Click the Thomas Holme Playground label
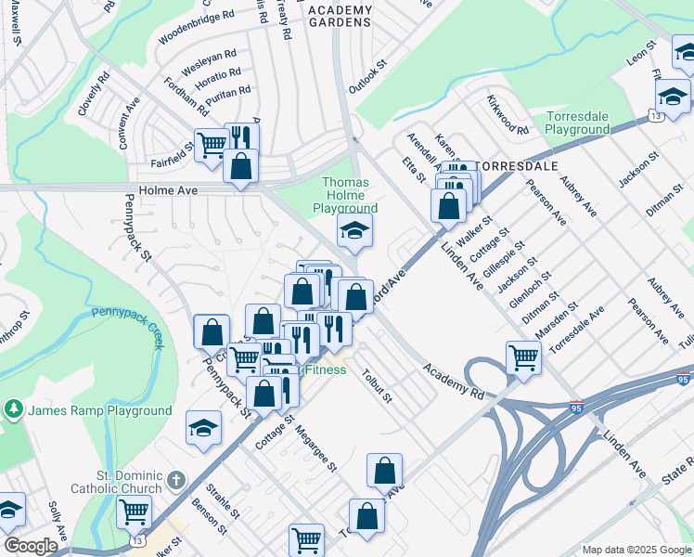coord(345,196)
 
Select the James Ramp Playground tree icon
coord(14,409)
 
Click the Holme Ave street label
coord(163,191)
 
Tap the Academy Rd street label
coord(454,382)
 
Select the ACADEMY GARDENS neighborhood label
coord(340,17)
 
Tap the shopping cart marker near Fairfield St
coord(212,144)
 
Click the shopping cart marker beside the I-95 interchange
coord(523,356)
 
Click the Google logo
coord(31,546)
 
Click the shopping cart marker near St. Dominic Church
coord(135,510)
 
